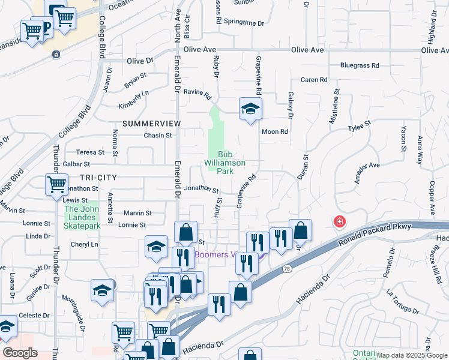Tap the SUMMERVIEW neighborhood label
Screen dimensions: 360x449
[151, 123]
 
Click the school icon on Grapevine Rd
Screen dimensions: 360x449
[250, 109]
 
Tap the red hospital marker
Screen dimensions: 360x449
[340, 222]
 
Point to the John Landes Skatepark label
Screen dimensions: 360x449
[82, 218]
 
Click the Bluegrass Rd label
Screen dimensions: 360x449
[360, 65]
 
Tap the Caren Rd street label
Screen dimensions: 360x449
[314, 80]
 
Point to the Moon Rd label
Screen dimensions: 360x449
[275, 131]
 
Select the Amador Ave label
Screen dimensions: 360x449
[367, 172]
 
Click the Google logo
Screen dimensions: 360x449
[20, 353]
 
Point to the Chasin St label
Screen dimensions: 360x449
[157, 136]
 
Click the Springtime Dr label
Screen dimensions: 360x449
[248, 23]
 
